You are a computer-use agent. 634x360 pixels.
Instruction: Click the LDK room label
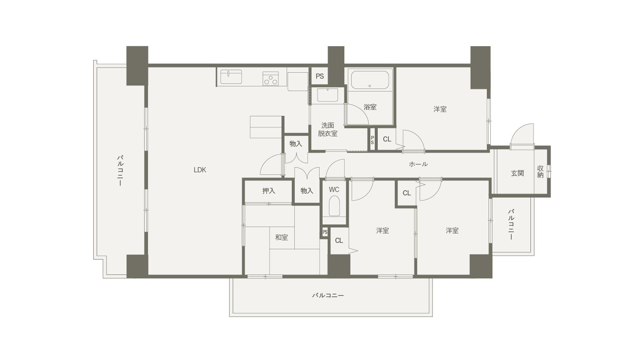200,170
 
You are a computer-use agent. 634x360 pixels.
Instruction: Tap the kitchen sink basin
231,77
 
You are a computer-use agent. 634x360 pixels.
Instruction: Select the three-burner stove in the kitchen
270,78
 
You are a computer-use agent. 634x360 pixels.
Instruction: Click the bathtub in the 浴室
370,80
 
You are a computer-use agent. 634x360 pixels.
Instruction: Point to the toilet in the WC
334,206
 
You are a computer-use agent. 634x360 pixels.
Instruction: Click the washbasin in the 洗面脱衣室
327,95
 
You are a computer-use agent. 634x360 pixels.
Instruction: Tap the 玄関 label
517,173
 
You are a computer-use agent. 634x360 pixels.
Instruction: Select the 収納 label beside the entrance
540,171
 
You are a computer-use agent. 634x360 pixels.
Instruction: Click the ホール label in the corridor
418,164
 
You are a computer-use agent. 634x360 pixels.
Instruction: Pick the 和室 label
281,237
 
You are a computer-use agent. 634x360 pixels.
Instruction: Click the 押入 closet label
269,191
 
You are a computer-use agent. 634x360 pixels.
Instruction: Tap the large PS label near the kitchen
320,77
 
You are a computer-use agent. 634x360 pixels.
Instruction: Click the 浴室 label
370,107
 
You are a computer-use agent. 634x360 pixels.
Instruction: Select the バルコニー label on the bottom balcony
328,295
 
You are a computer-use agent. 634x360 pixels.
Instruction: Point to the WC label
334,189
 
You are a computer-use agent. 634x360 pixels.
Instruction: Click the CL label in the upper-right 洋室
387,139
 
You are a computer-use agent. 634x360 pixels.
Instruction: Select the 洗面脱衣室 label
327,129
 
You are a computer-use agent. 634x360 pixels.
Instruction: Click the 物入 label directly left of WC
307,191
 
